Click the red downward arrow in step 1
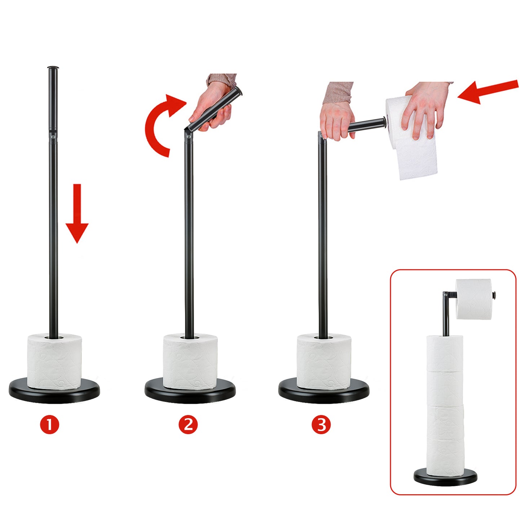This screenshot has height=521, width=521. pyautogui.click(x=77, y=213)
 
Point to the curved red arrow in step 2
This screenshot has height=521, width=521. pyautogui.click(x=151, y=127)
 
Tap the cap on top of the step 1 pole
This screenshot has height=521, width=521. pyautogui.click(x=53, y=67)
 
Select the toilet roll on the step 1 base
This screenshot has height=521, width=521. pyautogui.click(x=54, y=361)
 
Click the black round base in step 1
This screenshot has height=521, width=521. pyautogui.click(x=54, y=392)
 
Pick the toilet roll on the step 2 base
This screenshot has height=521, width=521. pyautogui.click(x=190, y=361)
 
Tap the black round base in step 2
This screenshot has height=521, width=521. pyautogui.click(x=190, y=392)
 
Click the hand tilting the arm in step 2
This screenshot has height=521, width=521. pyautogui.click(x=213, y=105)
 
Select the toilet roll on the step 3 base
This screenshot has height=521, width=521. pyautogui.click(x=324, y=361)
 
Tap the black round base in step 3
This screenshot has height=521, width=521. pyautogui.click(x=324, y=392)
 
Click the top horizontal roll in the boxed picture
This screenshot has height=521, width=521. pyautogui.click(x=474, y=299)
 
